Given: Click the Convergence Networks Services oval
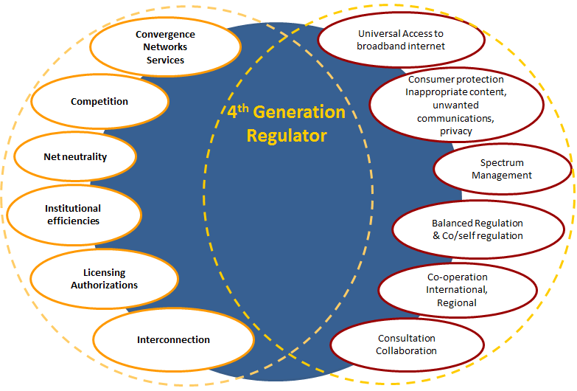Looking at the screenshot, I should [x=165, y=47].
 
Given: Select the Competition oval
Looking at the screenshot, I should [x=99, y=102].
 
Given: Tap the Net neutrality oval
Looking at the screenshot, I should [x=75, y=156].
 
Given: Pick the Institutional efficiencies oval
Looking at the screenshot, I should [x=72, y=215].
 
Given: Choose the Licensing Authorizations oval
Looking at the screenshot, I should [x=104, y=279].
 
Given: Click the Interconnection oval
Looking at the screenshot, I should [x=173, y=340].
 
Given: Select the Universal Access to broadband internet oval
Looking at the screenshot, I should [x=400, y=40].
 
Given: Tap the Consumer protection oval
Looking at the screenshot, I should [x=444, y=105].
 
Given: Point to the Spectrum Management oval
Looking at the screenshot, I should [x=502, y=169].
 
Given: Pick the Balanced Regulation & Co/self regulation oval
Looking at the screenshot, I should [x=477, y=229].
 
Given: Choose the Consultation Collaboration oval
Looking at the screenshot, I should [x=407, y=345].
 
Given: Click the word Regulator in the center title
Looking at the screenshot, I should [x=287, y=136].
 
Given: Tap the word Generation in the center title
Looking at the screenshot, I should [x=304, y=113].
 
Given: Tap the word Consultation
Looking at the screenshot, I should [x=407, y=339].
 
